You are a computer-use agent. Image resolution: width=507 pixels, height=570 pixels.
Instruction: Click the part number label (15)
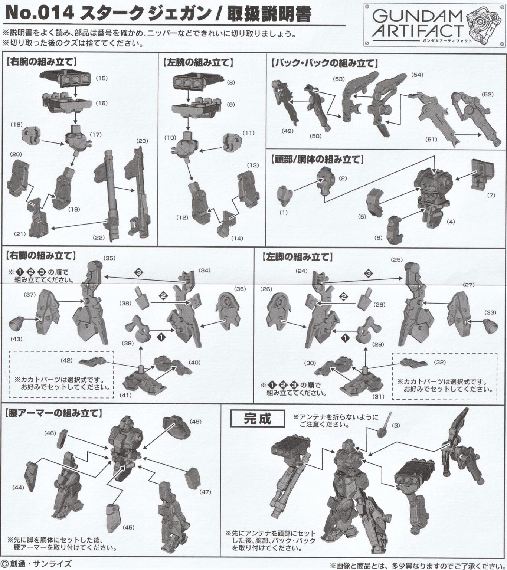[x=102, y=78]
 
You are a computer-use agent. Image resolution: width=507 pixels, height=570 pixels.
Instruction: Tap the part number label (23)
[x=142, y=141]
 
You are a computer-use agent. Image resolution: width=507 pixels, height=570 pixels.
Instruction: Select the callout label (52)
[x=488, y=95]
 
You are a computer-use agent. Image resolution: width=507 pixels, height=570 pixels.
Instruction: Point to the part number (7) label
[x=491, y=195]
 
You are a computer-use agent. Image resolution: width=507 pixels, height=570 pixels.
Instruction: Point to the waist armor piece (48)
[x=176, y=426]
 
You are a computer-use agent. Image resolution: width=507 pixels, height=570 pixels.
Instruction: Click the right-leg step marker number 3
[x=139, y=272]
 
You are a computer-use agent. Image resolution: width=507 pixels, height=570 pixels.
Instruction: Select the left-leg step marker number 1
[x=345, y=338]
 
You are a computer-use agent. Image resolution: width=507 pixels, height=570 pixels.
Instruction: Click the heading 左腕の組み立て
[x=198, y=62]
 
